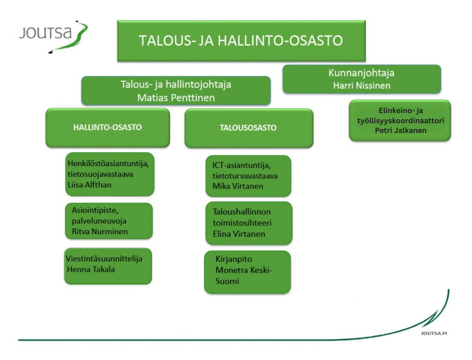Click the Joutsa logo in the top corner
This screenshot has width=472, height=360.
[53, 37]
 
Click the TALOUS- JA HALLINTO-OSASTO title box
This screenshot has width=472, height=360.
[241, 41]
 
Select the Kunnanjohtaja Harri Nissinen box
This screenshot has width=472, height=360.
[362, 79]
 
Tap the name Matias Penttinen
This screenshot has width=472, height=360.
[176, 98]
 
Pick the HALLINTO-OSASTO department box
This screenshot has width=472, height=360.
[107, 128]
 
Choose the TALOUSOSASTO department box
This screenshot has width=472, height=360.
[249, 128]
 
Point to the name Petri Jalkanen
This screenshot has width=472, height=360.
[401, 130]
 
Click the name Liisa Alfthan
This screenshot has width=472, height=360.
[89, 185]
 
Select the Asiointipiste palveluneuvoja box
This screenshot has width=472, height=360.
[109, 221]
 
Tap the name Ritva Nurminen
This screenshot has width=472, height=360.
[100, 231]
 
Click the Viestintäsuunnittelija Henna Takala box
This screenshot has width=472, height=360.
[108, 266]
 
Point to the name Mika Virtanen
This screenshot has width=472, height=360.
[238, 186]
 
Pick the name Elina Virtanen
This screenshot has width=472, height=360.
[239, 234]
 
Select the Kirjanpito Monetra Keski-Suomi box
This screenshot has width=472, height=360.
[247, 272]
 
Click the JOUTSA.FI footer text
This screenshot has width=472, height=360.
[434, 333]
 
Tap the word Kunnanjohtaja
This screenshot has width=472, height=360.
[361, 73]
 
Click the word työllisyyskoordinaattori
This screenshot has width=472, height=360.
[401, 121]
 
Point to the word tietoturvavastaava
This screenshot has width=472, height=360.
[245, 176]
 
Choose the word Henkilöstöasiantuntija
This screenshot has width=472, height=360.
[108, 164]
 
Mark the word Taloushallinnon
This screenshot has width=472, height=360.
[242, 212]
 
